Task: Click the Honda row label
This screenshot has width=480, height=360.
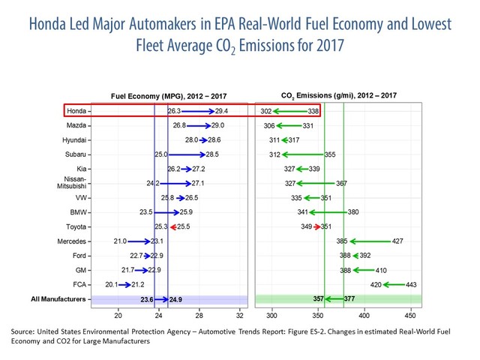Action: [76, 111]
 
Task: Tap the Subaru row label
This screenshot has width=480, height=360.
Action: [74, 154]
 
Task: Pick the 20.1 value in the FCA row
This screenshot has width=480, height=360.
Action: [112, 285]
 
